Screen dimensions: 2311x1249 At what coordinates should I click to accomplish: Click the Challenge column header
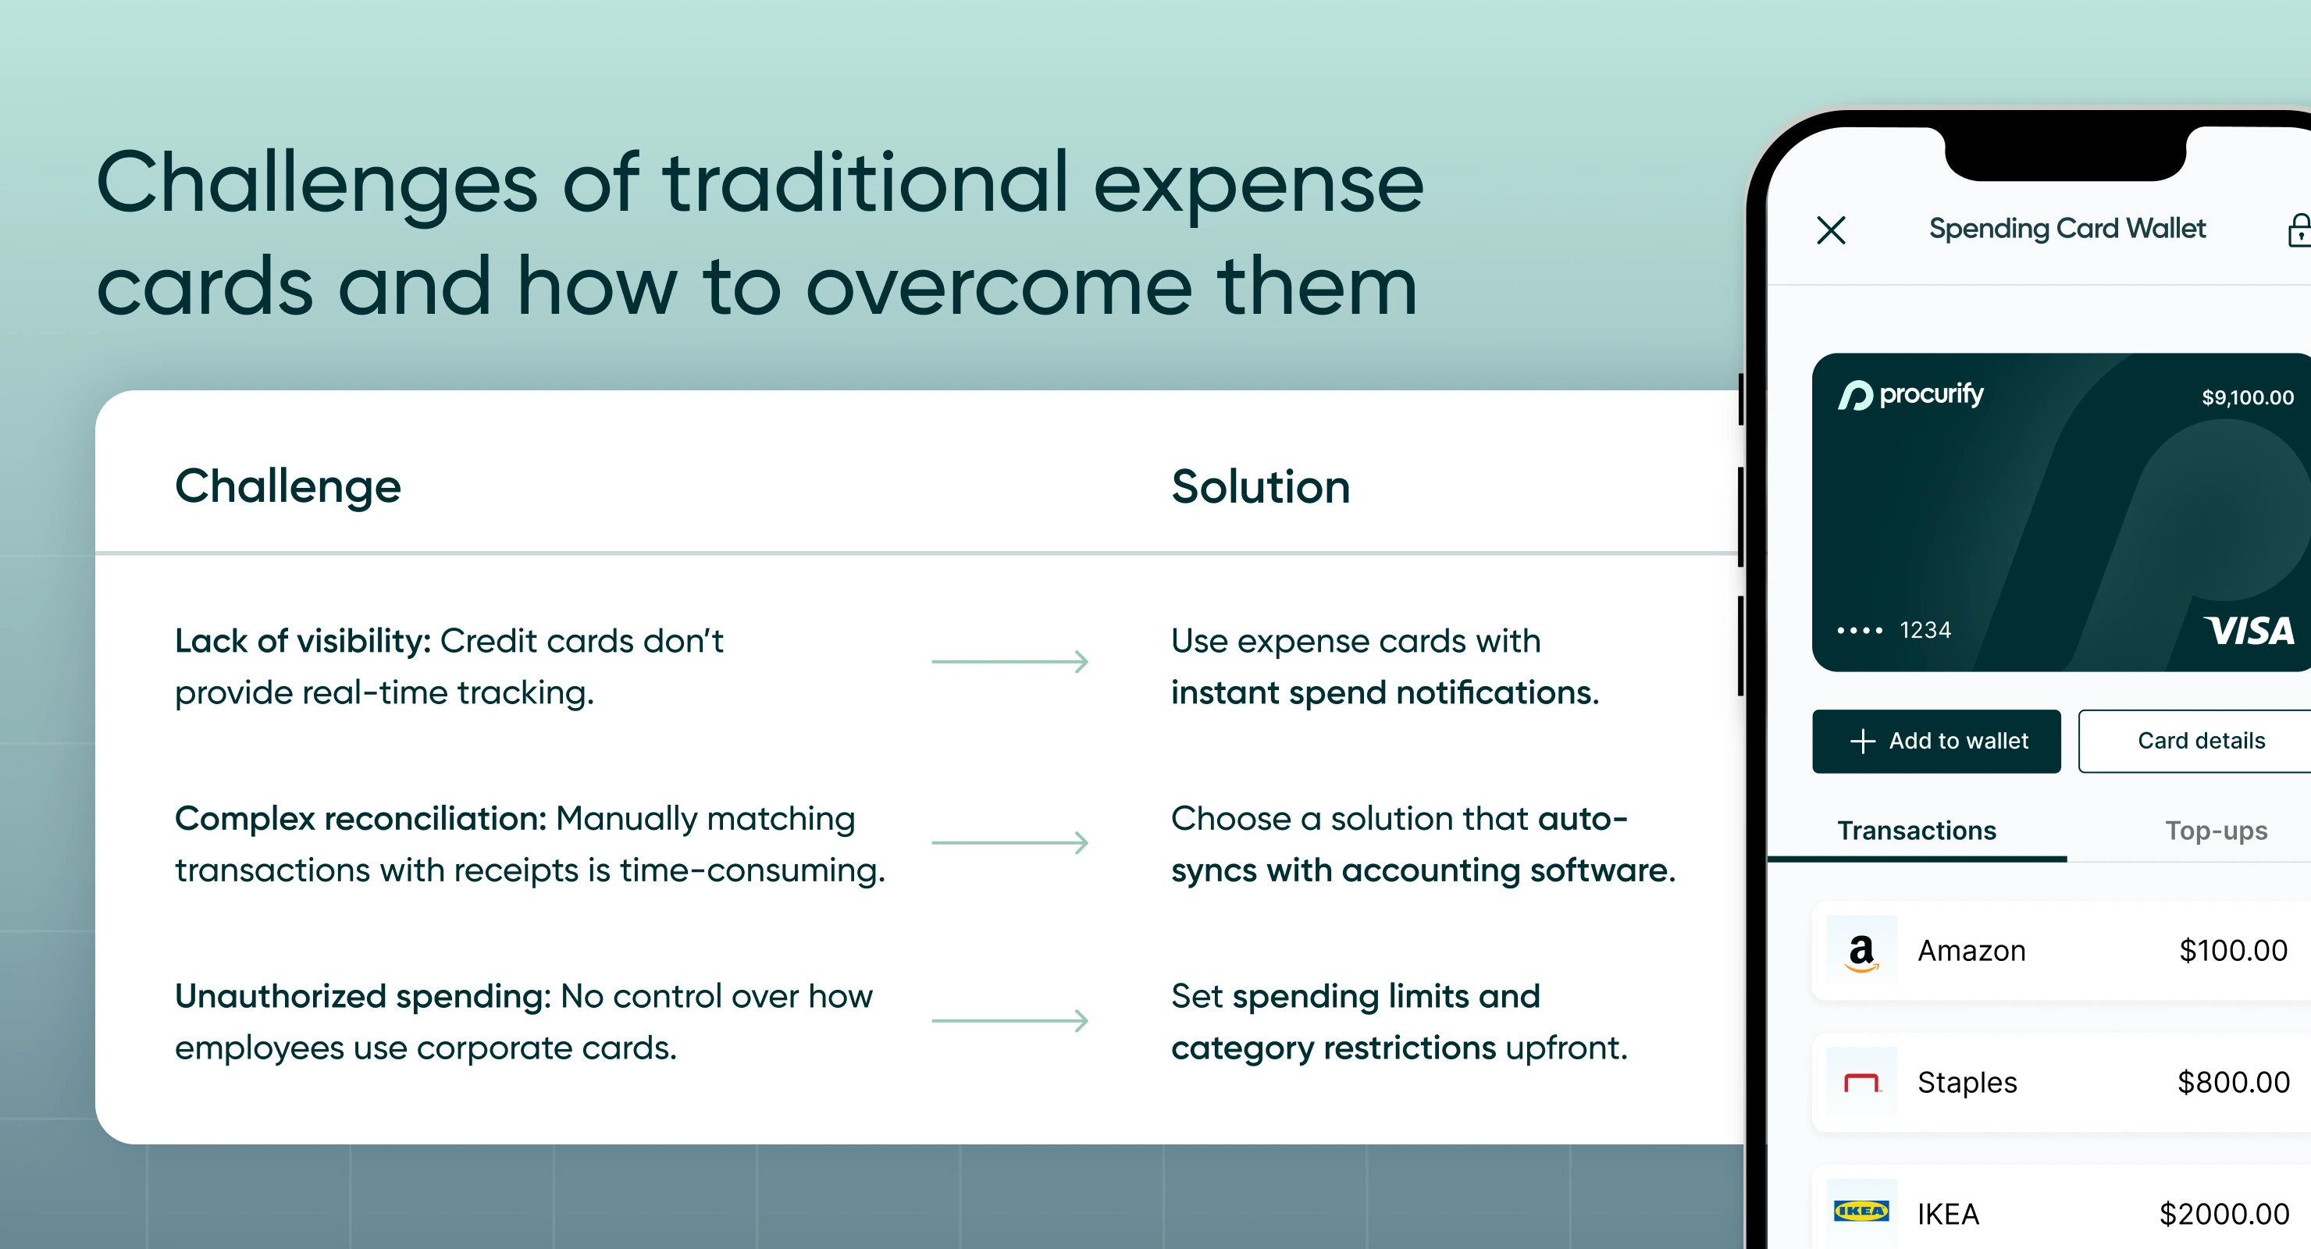[x=288, y=487]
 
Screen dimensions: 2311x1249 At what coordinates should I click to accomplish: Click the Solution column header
[x=1260, y=487]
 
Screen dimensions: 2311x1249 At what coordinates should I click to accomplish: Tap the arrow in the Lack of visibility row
[x=1010, y=662]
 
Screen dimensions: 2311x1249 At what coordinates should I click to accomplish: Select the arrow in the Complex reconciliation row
[x=1010, y=842]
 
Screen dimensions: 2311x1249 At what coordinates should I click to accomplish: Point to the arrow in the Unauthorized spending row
[x=1010, y=1020]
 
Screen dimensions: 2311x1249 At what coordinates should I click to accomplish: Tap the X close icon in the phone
[x=1831, y=230]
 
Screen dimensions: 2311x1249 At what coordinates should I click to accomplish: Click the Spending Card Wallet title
[x=2067, y=229]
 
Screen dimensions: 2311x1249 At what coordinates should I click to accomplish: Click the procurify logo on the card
[x=1911, y=395]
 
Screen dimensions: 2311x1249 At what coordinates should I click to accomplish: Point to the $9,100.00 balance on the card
[x=2247, y=397]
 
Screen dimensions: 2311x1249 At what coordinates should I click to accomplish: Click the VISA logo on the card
[x=2249, y=631]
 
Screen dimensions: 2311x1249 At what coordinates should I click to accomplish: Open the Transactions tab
[x=1916, y=831]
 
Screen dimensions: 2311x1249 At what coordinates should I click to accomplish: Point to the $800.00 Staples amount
[x=2233, y=1083]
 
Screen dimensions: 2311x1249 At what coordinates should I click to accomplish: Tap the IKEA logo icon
[x=1861, y=1212]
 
